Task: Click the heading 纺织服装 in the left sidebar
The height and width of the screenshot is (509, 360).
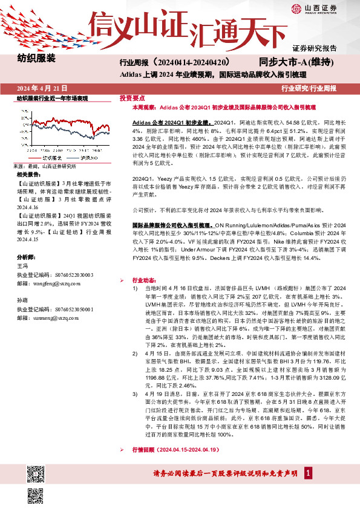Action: pyautogui.click(x=36, y=59)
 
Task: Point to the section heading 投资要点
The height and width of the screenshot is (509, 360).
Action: pyautogui.click(x=132, y=97)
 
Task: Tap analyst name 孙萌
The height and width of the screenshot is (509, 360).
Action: pyautogui.click(x=22, y=300)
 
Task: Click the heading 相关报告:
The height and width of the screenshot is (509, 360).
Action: pyautogui.click(x=28, y=174)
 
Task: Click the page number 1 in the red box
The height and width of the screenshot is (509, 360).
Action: pyautogui.click(x=309, y=472)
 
